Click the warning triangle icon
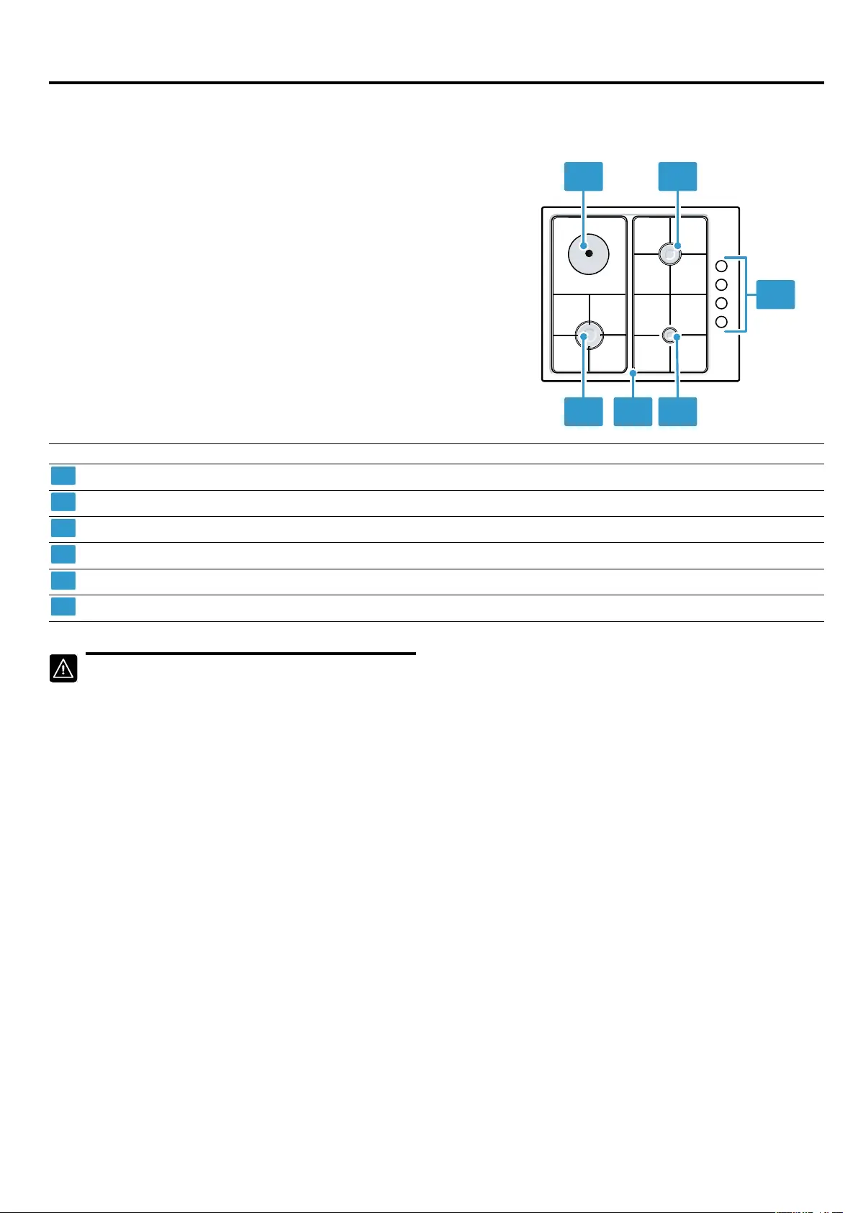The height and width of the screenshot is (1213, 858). click(63, 669)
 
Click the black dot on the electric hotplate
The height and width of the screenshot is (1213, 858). click(589, 254)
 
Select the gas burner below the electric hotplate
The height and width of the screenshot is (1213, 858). click(589, 335)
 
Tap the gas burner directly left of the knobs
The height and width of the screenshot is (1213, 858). click(670, 254)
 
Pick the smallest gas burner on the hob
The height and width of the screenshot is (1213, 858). click(670, 335)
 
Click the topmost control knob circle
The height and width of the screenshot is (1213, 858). click(721, 266)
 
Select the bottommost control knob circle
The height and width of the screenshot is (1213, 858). click(721, 322)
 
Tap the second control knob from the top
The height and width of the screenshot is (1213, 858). click(721, 285)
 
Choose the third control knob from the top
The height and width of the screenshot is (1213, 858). click(721, 303)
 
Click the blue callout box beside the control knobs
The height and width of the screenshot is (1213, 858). click(775, 294)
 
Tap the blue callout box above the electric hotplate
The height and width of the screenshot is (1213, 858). click(583, 176)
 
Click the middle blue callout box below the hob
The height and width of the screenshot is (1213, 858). click(633, 412)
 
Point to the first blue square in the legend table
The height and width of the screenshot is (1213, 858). click(63, 476)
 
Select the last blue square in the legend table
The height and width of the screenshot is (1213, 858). click(63, 606)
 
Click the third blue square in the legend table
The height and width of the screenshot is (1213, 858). click(63, 528)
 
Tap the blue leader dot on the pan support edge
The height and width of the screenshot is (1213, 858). click(633, 372)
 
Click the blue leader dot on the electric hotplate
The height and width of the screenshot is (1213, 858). click(583, 246)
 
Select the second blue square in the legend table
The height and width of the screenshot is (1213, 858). click(63, 502)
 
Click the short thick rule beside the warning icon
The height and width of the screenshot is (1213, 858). click(250, 654)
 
